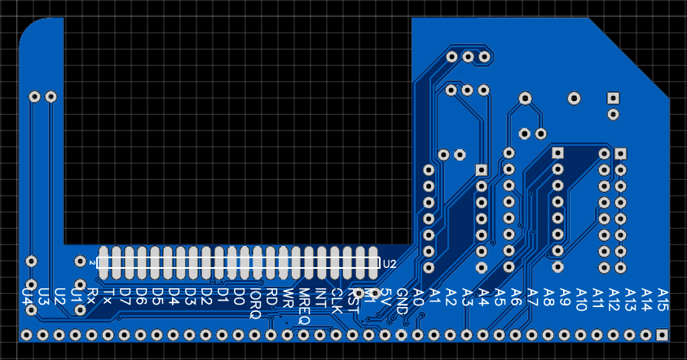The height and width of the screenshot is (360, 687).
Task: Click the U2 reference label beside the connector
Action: (x=390, y=264)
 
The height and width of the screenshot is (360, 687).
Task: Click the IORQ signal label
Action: (x=255, y=303)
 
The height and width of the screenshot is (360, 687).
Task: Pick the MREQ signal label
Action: (x=304, y=306)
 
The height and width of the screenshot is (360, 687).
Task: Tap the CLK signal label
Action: (x=337, y=301)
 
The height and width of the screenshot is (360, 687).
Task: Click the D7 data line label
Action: (x=125, y=296)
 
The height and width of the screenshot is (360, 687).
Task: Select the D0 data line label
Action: (x=239, y=296)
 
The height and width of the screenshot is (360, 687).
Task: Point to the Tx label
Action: (x=108, y=295)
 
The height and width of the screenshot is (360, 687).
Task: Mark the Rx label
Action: (x=91, y=295)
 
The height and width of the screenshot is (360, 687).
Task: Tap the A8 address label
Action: (x=548, y=296)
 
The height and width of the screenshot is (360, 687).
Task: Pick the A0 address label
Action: (x=418, y=296)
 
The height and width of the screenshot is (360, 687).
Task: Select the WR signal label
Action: (x=288, y=297)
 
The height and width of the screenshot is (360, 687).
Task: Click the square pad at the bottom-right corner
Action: (x=663, y=335)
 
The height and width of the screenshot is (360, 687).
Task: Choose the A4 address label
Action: (x=483, y=296)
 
